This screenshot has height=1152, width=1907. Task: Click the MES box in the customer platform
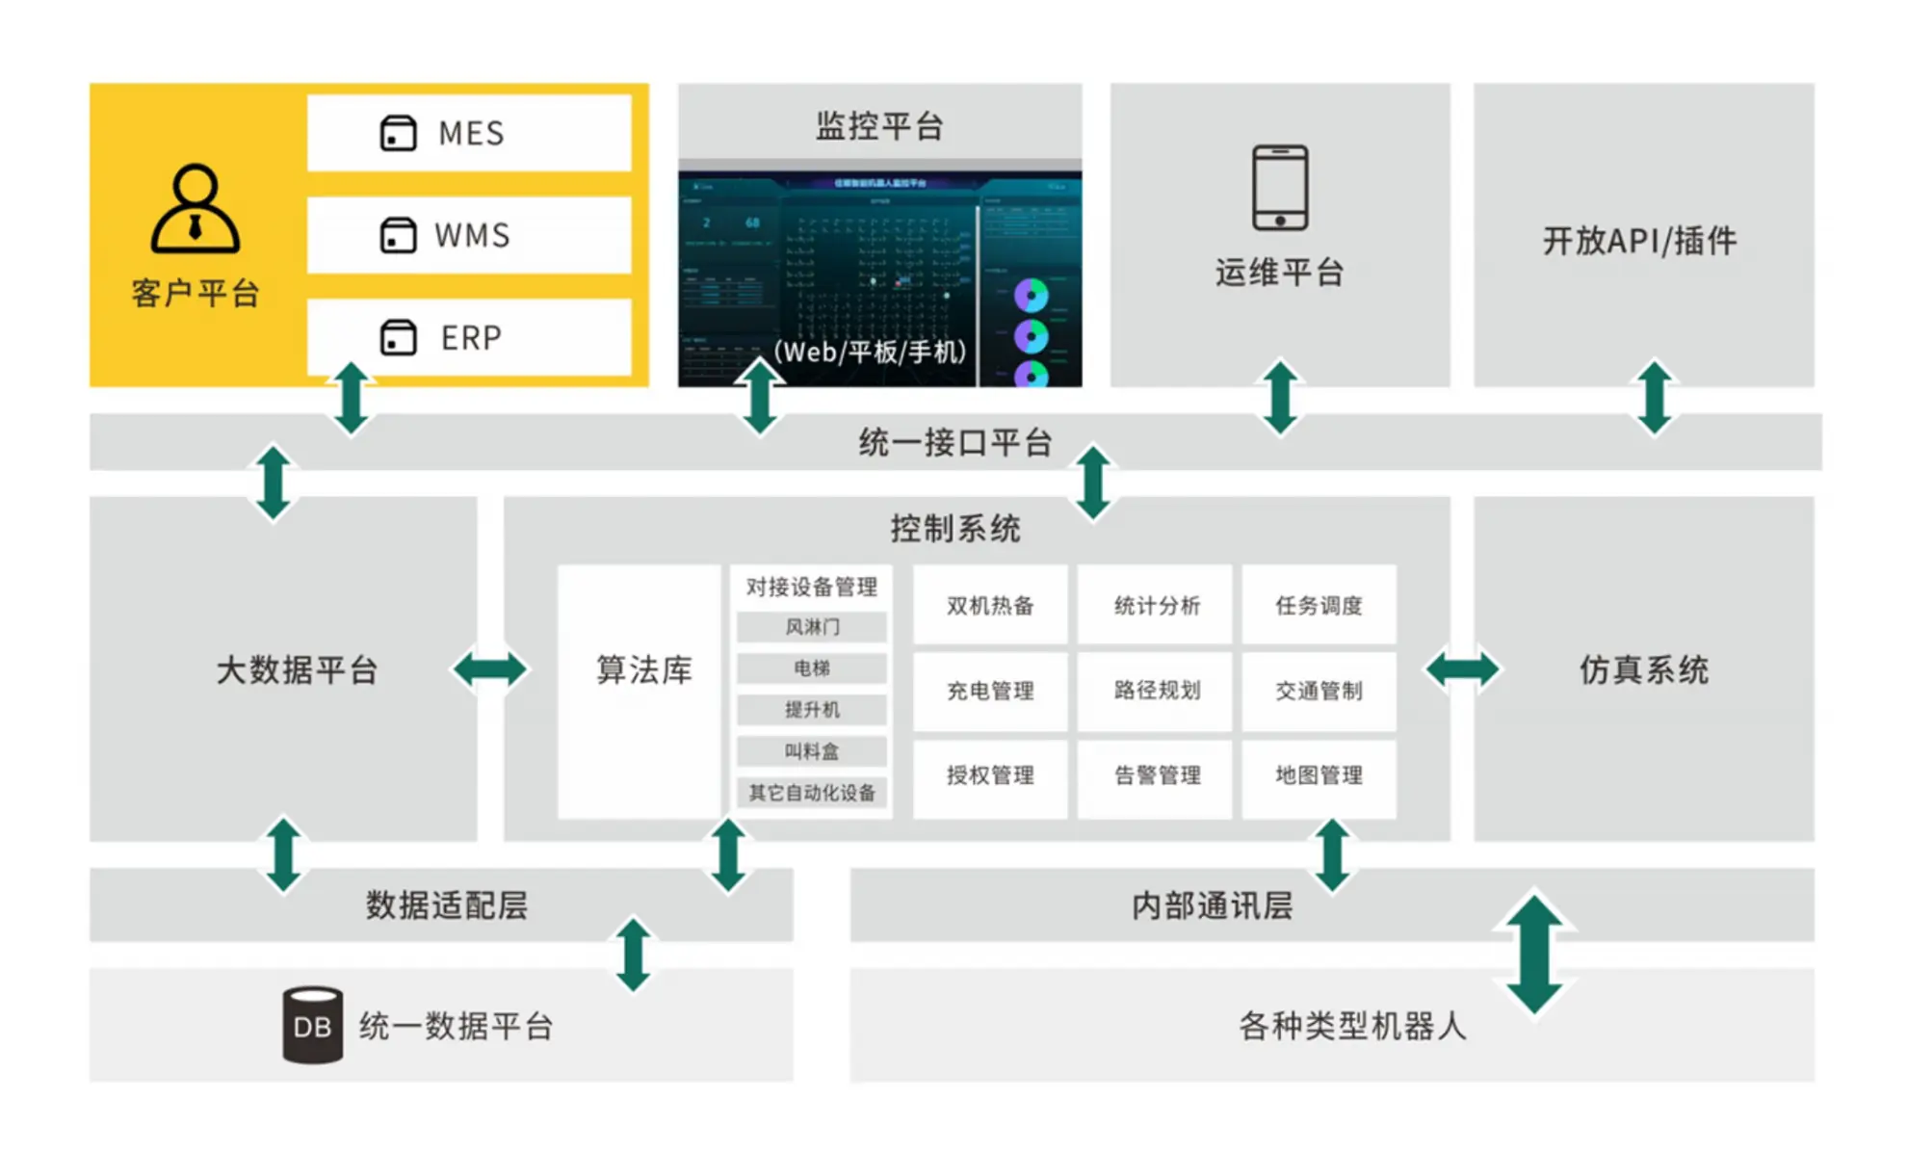pyautogui.click(x=469, y=133)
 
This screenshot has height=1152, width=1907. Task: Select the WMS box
pyautogui.click(x=469, y=235)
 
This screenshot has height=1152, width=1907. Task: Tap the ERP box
pyautogui.click(x=469, y=337)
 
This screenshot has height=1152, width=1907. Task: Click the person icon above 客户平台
pyautogui.click(x=195, y=209)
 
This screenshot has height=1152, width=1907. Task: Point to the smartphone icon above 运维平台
pyautogui.click(x=1279, y=188)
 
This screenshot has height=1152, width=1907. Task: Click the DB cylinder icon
pyautogui.click(x=312, y=1025)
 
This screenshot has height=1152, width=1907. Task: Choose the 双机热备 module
pyautogui.click(x=990, y=605)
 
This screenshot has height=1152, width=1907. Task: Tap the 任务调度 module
pyautogui.click(x=1319, y=605)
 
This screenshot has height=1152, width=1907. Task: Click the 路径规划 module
pyautogui.click(x=1156, y=690)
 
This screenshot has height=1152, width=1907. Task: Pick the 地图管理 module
pyautogui.click(x=1319, y=774)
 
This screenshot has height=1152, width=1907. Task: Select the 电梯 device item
pyautogui.click(x=812, y=668)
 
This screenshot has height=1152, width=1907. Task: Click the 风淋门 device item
pyautogui.click(x=812, y=627)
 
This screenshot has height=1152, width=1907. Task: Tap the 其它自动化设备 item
pyautogui.click(x=812, y=793)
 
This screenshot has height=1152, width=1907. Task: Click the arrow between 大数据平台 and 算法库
pyautogui.click(x=490, y=668)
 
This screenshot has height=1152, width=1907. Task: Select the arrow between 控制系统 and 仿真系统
pyautogui.click(x=1462, y=668)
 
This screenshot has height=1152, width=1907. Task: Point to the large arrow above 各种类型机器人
pyautogui.click(x=1533, y=954)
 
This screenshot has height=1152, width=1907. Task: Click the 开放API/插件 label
pyautogui.click(x=1640, y=241)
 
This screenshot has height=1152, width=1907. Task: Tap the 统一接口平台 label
pyautogui.click(x=954, y=443)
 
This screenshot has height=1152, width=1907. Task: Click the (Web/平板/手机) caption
pyautogui.click(x=870, y=352)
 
